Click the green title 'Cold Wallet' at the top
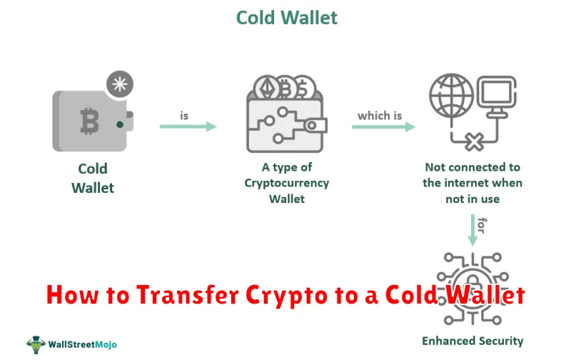pos(287,17)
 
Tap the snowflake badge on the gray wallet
pos(120,84)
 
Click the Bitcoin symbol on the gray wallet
pos(89,121)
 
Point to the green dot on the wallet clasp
pos(119,124)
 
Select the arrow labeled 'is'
pos(188,126)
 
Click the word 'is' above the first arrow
pos(184,116)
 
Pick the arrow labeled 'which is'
pos(383,126)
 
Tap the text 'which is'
pos(380,116)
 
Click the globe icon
pos(451,96)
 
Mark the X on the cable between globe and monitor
pos(474,141)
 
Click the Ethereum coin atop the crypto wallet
pos(266,88)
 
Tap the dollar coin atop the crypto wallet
pos(303,88)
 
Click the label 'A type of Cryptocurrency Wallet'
pos(287,183)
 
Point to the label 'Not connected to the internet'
pos(473,175)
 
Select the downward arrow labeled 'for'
pos(473,230)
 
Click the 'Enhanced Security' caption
pos(473,341)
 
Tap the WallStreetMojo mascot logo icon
pos(36,344)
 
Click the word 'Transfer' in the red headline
pos(188,295)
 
